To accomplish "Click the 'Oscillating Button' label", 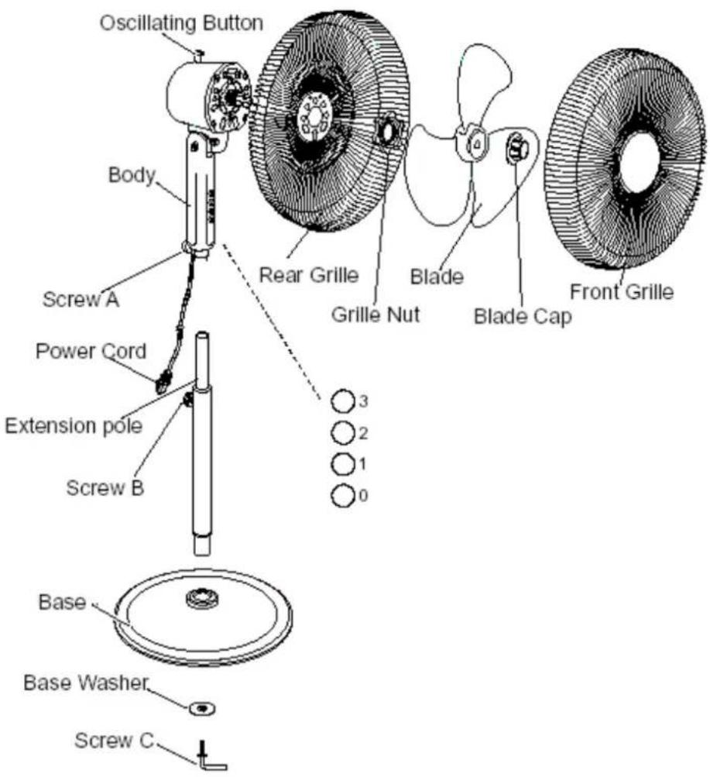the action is [x=181, y=23].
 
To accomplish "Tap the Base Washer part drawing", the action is [x=202, y=708].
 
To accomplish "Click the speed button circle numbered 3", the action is [x=343, y=401].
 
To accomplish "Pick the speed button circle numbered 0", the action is [x=343, y=496].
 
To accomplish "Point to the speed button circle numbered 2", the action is [x=343, y=432].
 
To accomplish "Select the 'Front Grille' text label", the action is [x=622, y=291].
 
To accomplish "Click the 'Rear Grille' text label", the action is [x=309, y=274].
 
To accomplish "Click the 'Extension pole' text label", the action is [x=74, y=426].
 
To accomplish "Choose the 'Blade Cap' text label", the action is [x=523, y=316].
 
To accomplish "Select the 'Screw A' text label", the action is [x=81, y=299].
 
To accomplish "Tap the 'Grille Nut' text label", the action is [x=376, y=315].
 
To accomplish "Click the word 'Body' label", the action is [x=132, y=175].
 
